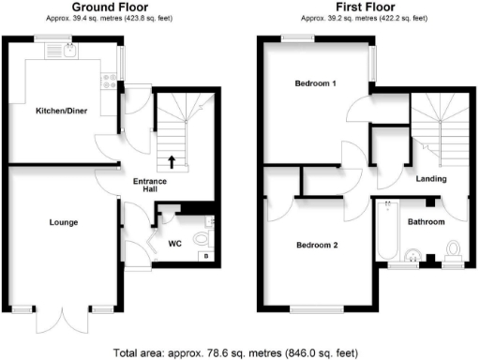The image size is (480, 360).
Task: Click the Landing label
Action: pos(432,178)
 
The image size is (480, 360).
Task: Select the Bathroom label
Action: pos(426,222)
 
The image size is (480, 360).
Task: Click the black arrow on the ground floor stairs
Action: pos(171,160)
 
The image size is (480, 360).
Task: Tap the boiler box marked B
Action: pos(204,254)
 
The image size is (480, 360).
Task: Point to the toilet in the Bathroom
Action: pos(454,249)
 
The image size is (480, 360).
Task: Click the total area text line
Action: pos(235,352)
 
